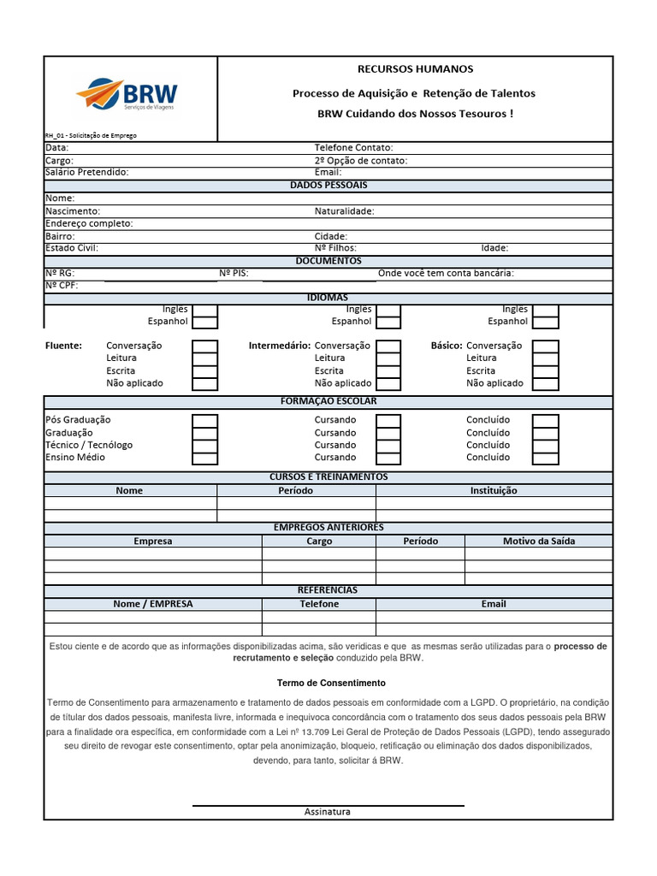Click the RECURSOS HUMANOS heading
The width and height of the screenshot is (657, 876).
tap(414, 69)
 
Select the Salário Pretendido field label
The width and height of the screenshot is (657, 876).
tap(86, 172)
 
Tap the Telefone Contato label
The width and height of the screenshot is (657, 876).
tap(353, 147)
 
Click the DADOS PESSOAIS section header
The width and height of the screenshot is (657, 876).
tap(328, 185)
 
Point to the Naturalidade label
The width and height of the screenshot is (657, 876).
tap(344, 210)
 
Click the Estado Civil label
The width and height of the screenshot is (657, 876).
tap(72, 248)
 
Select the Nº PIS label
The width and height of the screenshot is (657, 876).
tap(234, 273)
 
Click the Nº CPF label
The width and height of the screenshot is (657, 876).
tap(62, 286)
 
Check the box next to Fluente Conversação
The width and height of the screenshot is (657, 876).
tap(204, 346)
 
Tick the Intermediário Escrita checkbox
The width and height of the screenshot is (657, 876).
tap(388, 371)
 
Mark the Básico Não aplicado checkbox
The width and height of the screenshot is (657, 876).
tap(545, 384)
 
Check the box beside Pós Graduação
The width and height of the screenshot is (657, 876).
tap(204, 420)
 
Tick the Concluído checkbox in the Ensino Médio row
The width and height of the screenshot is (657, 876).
tap(545, 458)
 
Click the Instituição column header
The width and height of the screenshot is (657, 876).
tap(494, 491)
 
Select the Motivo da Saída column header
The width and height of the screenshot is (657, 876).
tap(538, 542)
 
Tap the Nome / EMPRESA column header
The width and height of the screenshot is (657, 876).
tap(153, 604)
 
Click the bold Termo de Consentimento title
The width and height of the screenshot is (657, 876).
tap(331, 684)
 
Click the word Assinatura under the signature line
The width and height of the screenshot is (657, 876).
tap(328, 812)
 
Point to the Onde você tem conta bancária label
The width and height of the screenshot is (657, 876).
tap(446, 273)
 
